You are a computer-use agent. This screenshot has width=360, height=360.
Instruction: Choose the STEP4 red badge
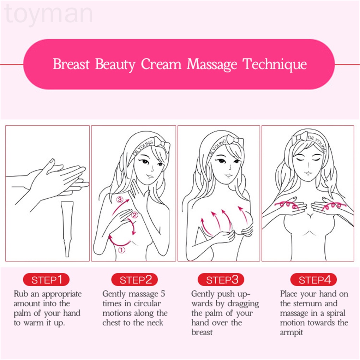tap(313, 280)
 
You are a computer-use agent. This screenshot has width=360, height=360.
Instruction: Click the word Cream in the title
tap(161, 65)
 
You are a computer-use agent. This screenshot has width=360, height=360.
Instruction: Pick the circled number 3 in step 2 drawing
tap(120, 200)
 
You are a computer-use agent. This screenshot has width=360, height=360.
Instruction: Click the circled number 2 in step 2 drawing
tap(134, 214)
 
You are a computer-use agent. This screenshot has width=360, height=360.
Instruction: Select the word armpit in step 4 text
tap(292, 332)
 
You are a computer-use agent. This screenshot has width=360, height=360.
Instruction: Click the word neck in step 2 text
tap(156, 323)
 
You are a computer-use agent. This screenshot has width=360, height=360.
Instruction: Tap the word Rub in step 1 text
tap(20, 294)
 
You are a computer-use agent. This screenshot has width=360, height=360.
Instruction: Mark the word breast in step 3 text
tap(202, 332)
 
